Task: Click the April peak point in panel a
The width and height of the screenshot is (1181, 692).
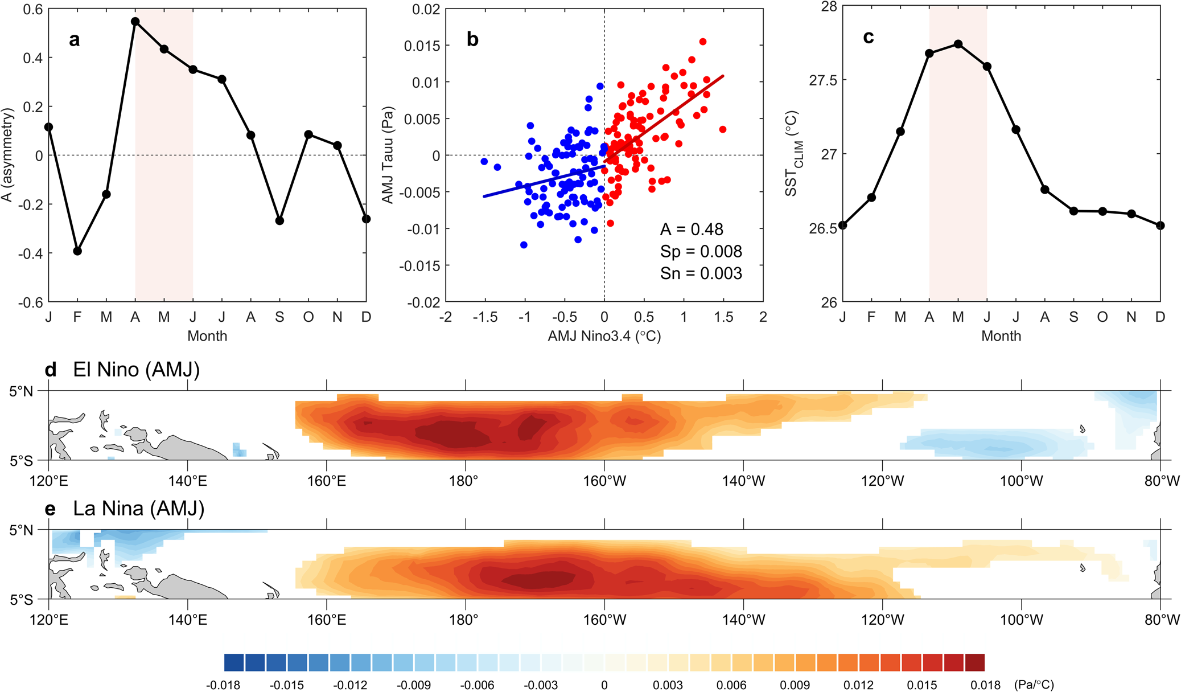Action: point(135,22)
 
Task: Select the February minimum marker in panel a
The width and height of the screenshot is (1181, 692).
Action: point(77,251)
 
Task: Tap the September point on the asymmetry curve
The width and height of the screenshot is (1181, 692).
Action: point(279,221)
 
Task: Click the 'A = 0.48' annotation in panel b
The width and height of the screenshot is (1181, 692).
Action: point(692,230)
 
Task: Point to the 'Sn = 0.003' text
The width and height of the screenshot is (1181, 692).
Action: point(701,274)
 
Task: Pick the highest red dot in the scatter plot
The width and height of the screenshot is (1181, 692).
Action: point(703,42)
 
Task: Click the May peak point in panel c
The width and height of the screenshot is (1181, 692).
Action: point(958,44)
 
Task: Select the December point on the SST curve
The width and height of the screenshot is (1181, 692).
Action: point(1161,226)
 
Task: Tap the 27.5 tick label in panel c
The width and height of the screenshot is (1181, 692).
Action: point(822,80)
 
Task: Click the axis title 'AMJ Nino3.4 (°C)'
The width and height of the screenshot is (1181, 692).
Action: point(604,336)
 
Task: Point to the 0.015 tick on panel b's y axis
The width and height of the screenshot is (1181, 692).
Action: point(422,46)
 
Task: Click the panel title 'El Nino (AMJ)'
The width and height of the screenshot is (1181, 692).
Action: point(136,370)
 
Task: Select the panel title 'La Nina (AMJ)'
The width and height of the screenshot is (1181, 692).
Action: point(138,508)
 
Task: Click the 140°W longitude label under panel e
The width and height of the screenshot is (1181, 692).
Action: point(743,620)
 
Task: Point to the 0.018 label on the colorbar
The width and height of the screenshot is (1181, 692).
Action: point(985,685)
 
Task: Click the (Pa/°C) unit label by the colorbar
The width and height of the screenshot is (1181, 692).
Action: point(1034,685)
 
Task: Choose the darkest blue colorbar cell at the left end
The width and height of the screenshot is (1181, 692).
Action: point(234,662)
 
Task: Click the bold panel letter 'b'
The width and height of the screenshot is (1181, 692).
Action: point(472,39)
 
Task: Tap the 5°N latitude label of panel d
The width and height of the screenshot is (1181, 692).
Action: point(22,391)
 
